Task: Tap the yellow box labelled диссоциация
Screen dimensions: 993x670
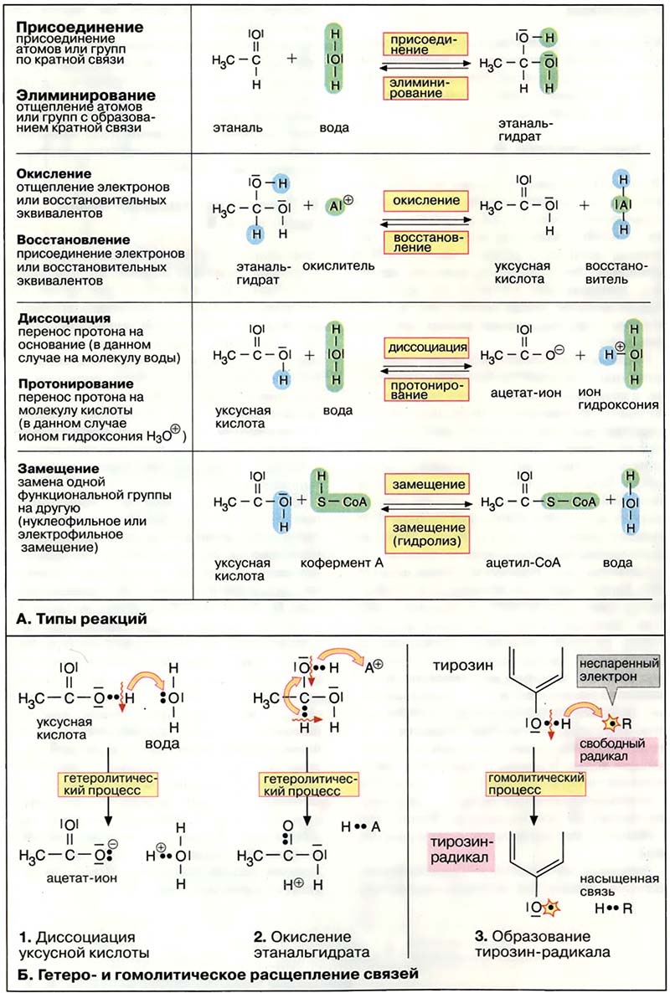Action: click(425, 346)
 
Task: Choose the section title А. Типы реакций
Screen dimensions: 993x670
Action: click(81, 620)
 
